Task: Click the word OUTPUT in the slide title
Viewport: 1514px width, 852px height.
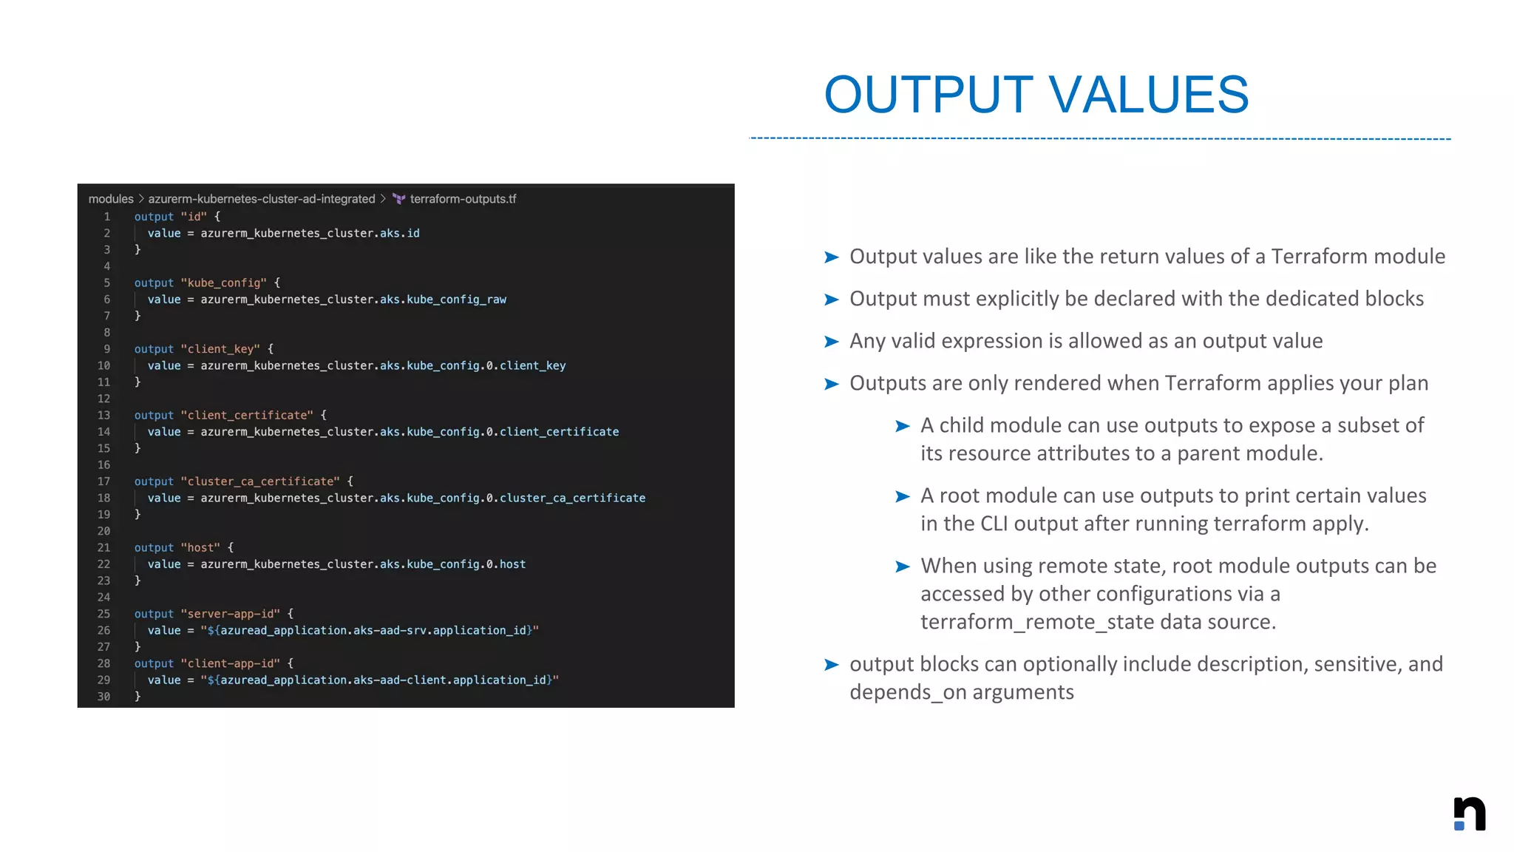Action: (x=929, y=95)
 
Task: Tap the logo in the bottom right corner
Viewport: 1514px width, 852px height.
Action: (x=1470, y=814)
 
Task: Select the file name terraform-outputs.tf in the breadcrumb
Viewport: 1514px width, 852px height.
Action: (x=463, y=199)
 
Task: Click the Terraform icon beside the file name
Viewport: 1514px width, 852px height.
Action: (x=399, y=199)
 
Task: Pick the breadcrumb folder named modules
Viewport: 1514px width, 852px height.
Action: (x=111, y=199)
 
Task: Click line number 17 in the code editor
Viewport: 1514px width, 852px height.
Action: (x=103, y=481)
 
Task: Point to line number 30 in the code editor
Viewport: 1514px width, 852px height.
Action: (x=103, y=697)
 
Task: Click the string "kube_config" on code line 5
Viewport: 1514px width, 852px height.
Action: (x=224, y=283)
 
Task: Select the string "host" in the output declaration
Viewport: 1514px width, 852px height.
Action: (x=200, y=547)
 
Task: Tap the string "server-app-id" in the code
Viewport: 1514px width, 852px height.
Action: (x=231, y=614)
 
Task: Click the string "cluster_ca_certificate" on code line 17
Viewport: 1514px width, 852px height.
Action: (x=260, y=481)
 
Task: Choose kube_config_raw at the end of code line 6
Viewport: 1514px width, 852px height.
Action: (x=456, y=300)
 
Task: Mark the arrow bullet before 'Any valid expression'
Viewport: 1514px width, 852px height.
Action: (x=832, y=342)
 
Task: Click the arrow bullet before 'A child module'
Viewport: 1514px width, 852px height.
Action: (x=902, y=426)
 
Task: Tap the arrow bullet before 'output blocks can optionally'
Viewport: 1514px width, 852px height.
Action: (x=832, y=665)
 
